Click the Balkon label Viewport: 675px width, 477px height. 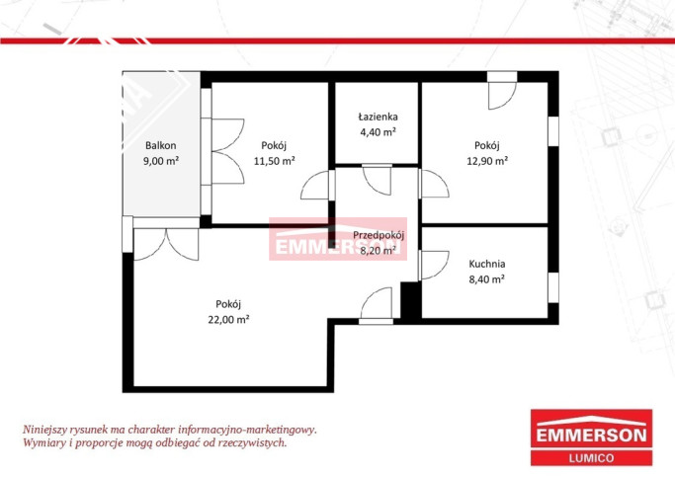point(160,145)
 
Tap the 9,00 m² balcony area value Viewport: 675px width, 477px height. point(161,161)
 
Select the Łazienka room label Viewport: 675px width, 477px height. point(378,117)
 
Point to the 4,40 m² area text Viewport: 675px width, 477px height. point(378,132)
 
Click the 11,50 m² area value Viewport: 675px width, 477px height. point(274,161)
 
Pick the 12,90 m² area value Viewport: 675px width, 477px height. point(487,161)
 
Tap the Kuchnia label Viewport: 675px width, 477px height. point(487,264)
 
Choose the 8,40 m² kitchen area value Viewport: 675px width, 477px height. point(487,279)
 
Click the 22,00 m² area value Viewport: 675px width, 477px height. point(228,320)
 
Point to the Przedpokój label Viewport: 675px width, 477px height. point(379,235)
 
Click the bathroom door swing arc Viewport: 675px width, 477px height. point(378,180)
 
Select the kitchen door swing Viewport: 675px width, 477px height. point(435,265)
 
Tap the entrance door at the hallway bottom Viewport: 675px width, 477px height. point(377,303)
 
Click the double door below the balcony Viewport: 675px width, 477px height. point(166,244)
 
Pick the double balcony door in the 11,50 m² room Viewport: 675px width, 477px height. point(228,151)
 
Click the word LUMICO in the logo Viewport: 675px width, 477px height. point(591,458)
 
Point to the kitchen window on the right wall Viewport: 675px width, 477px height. point(553,287)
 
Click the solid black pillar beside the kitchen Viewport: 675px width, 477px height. point(411,300)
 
